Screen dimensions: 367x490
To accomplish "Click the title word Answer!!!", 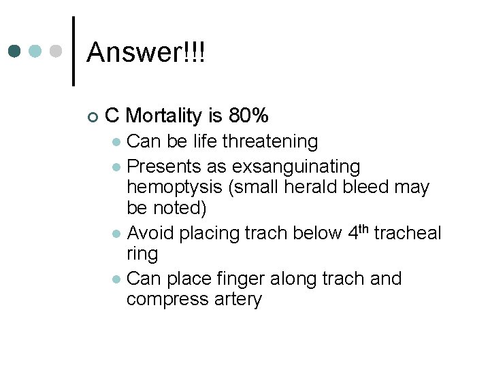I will click(146, 52).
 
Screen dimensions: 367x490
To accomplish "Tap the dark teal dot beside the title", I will click(15, 52).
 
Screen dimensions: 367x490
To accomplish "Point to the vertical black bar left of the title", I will click(73, 51).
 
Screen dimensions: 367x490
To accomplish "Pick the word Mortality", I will click(165, 116).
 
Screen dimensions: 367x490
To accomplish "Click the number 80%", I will click(249, 116).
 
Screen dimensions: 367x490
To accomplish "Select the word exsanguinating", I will click(296, 167).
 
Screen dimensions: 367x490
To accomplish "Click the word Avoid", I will click(151, 233).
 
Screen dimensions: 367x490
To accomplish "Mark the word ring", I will click(142, 254).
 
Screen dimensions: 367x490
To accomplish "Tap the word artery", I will click(234, 300).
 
